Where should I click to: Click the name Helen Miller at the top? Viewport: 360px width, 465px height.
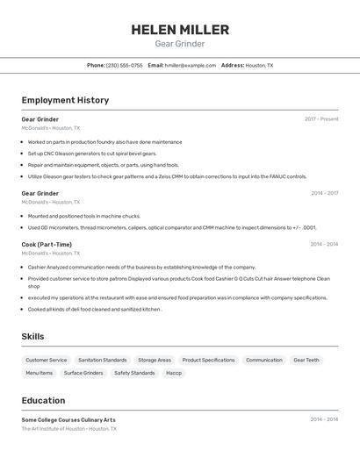(x=180, y=30)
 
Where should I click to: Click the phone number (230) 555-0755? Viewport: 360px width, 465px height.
(x=124, y=65)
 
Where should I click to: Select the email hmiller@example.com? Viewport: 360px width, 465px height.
(x=191, y=65)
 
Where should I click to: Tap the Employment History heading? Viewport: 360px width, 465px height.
(x=65, y=100)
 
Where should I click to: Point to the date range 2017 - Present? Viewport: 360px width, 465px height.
(x=321, y=119)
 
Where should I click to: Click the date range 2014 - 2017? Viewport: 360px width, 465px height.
(x=324, y=193)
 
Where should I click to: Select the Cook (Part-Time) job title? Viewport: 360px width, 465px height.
(x=47, y=245)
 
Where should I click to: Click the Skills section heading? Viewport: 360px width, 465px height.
(x=32, y=336)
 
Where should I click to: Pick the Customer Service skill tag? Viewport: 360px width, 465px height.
(x=46, y=360)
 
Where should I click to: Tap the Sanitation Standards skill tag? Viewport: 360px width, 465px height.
(x=102, y=360)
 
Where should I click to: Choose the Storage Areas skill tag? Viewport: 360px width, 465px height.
(x=154, y=360)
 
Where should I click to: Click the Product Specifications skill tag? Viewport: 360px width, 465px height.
(x=208, y=360)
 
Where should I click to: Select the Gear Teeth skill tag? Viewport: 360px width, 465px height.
(x=306, y=360)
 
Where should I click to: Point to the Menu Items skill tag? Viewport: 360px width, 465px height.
(x=39, y=373)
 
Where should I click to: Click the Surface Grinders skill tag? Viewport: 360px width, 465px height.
(x=83, y=373)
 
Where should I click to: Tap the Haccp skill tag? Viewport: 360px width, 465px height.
(x=174, y=373)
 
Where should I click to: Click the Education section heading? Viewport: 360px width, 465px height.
(x=43, y=400)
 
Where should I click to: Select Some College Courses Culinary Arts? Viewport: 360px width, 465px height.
(x=68, y=419)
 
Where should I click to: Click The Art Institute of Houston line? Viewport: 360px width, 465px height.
(x=68, y=429)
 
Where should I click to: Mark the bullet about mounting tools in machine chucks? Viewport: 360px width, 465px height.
(x=83, y=216)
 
